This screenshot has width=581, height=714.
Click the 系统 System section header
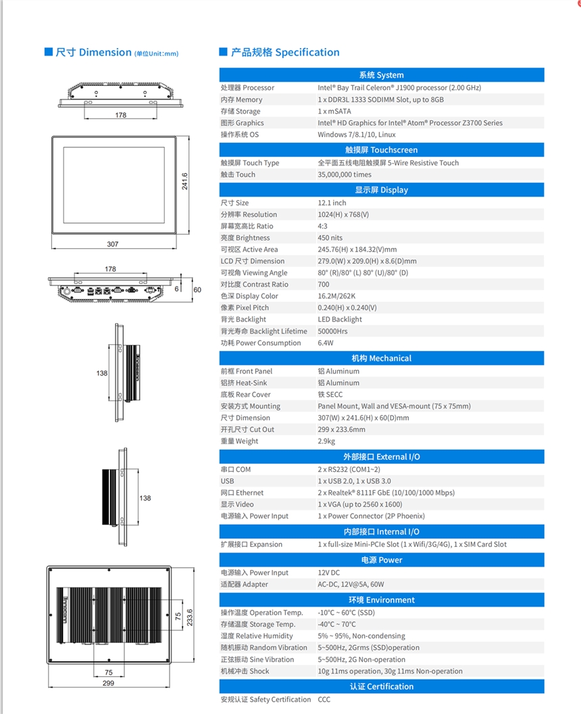(381, 75)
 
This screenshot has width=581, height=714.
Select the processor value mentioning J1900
(399, 88)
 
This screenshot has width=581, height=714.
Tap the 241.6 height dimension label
(184, 181)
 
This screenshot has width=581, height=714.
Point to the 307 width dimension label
(113, 244)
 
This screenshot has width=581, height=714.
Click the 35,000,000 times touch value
(345, 174)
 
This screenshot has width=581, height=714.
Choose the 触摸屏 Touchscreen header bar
(381, 150)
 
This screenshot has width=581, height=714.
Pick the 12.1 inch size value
(332, 203)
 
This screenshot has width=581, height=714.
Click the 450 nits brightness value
(330, 238)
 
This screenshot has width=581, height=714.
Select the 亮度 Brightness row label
(245, 238)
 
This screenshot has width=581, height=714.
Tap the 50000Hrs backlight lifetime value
(332, 331)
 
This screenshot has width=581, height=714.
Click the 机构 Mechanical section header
(381, 358)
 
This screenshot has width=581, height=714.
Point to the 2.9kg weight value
(326, 442)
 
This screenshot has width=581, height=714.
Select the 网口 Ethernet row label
(242, 493)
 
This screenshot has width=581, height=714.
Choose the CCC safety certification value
(324, 700)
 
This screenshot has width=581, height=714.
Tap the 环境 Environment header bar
(381, 600)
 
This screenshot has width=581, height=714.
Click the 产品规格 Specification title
(284, 53)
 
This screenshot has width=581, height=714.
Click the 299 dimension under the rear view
(108, 684)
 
